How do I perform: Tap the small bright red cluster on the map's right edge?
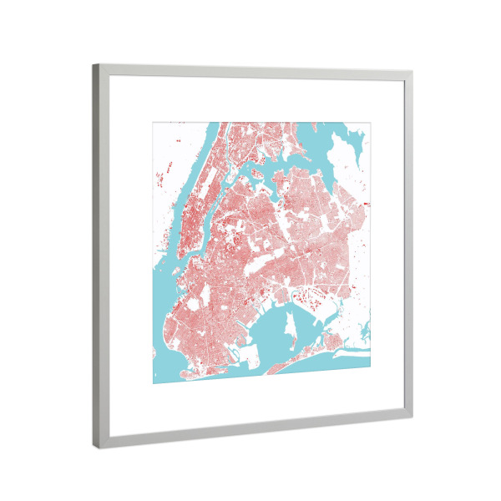tap(367, 204)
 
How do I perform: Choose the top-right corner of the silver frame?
tap(411, 72)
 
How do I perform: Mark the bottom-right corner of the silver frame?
tap(410, 408)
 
